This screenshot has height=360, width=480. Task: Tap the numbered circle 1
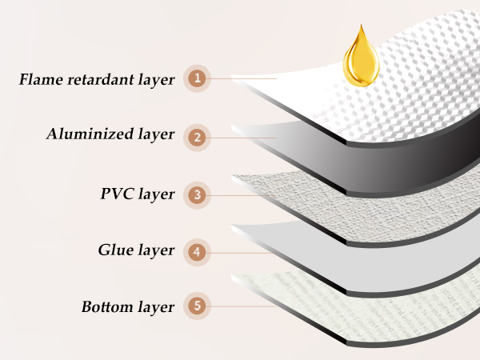(x=197, y=78)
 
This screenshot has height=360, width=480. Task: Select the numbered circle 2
(x=197, y=138)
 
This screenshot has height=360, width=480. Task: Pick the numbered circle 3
(x=197, y=195)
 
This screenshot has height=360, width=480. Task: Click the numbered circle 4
(x=197, y=253)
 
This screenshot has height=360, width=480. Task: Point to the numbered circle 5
(x=197, y=306)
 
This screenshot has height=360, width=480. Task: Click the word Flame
(x=41, y=79)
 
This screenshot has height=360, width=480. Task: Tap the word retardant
(x=101, y=79)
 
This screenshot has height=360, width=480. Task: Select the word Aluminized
(x=90, y=134)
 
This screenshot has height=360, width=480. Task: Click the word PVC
(x=117, y=194)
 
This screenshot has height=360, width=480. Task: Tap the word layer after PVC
(x=156, y=194)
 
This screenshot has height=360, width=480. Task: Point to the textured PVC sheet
(x=367, y=208)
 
